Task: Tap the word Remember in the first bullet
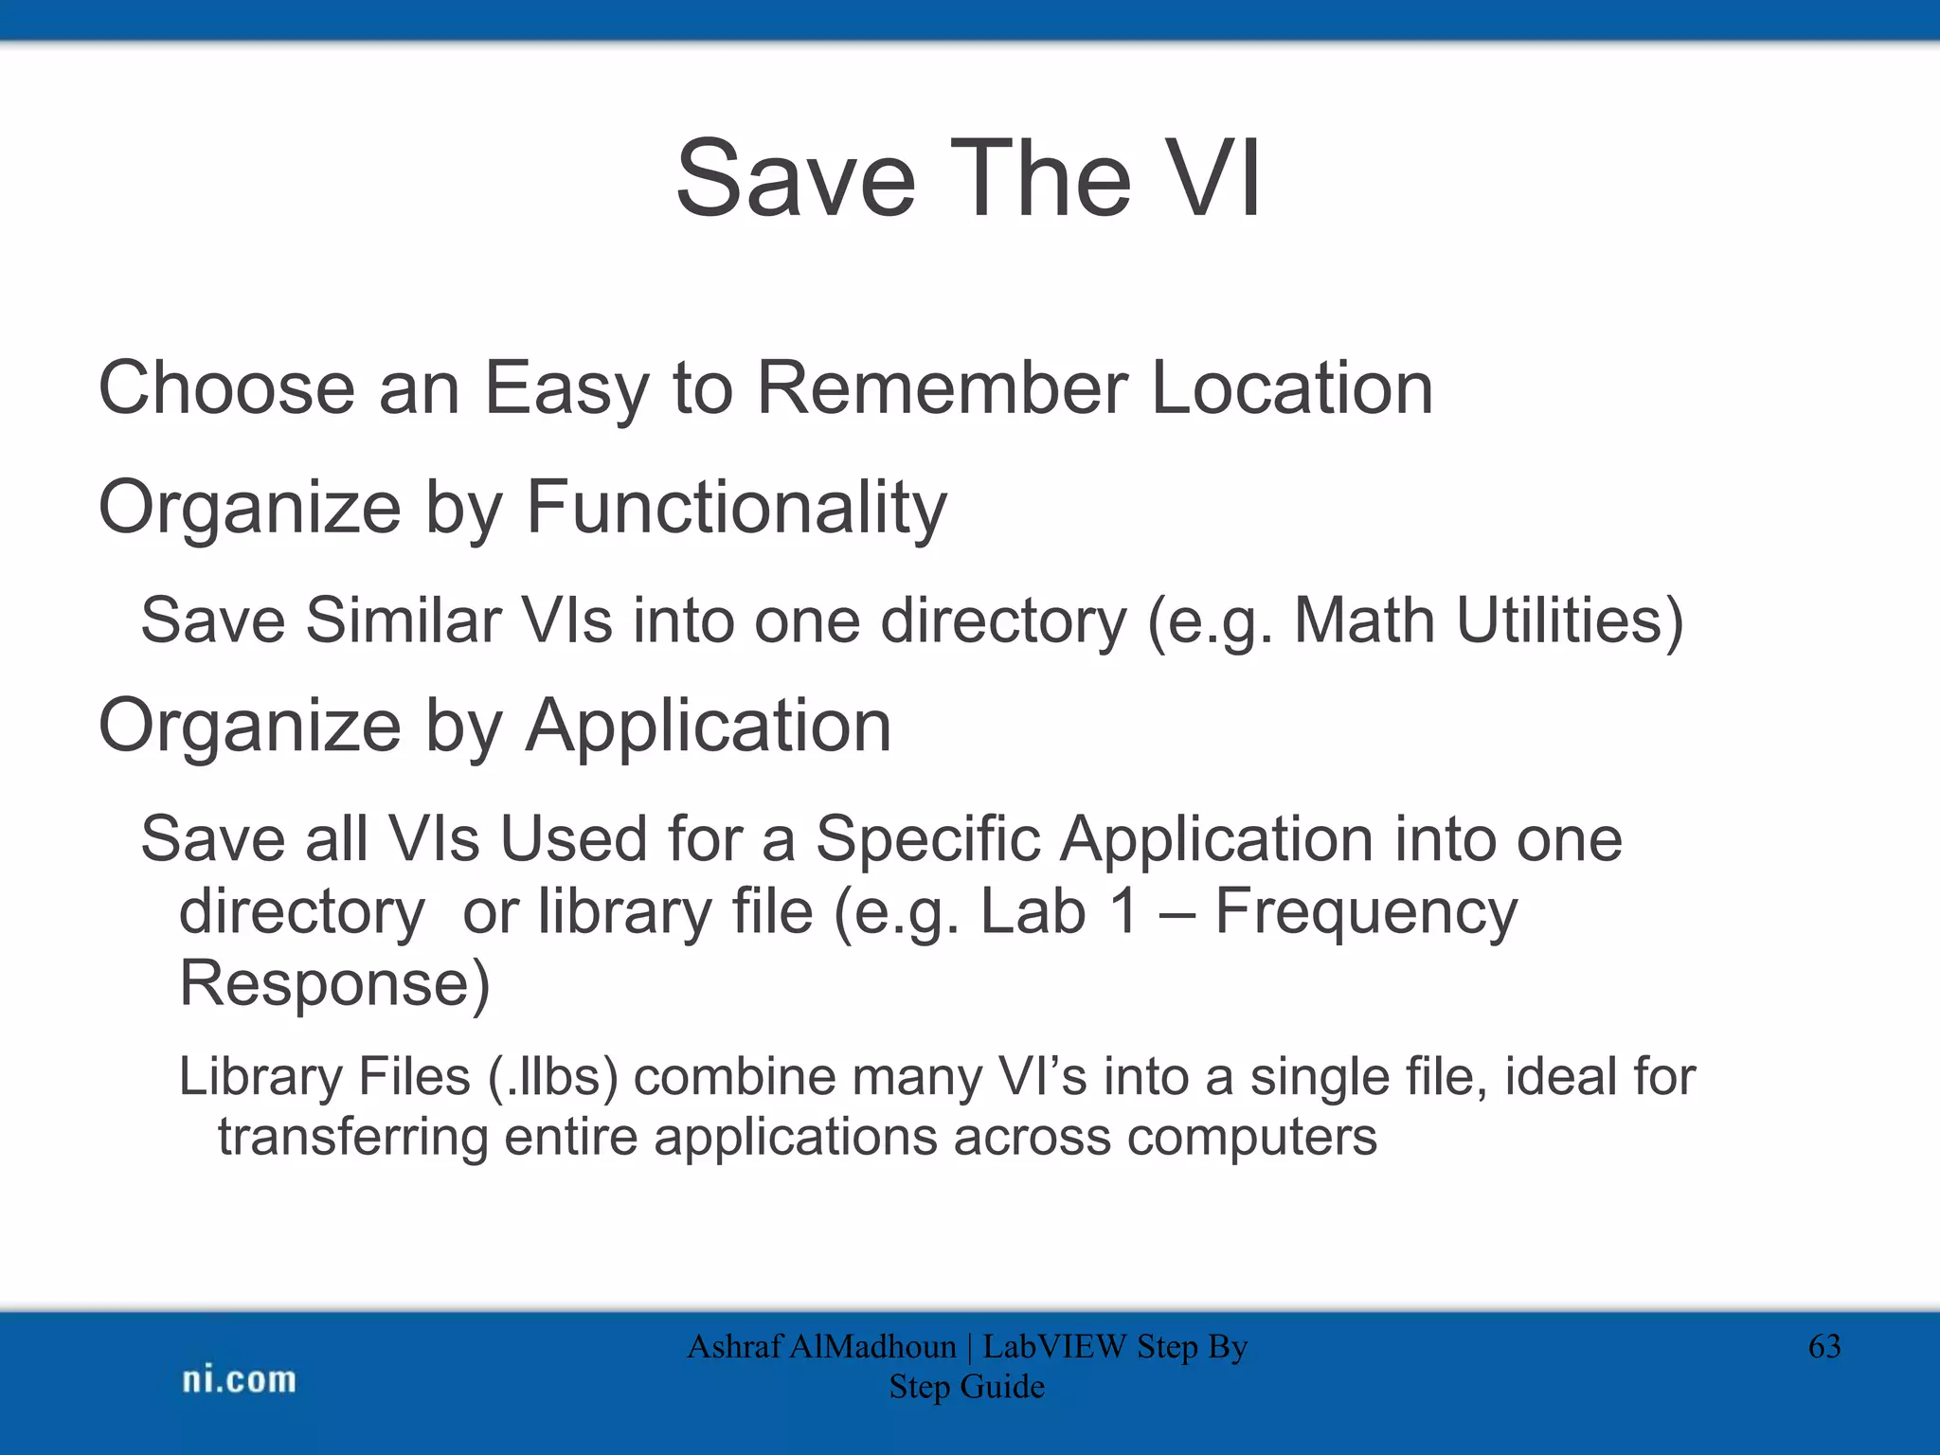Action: pyautogui.click(x=942, y=388)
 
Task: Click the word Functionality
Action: pyautogui.click(x=735, y=509)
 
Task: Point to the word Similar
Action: pyautogui.click(x=403, y=621)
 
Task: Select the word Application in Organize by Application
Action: pyautogui.click(x=709, y=727)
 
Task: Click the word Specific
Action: pyautogui.click(x=927, y=839)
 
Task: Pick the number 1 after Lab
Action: pyautogui.click(x=1123, y=911)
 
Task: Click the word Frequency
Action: pyautogui.click(x=1365, y=913)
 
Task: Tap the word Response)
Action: pyautogui.click(x=334, y=984)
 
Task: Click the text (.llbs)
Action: pyautogui.click(x=553, y=1077)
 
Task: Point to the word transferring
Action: pyautogui.click(x=352, y=1137)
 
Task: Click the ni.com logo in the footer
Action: pyautogui.click(x=239, y=1380)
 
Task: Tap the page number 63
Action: pyautogui.click(x=1823, y=1346)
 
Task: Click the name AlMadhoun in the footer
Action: pyautogui.click(x=871, y=1346)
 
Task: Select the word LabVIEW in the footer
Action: pyautogui.click(x=1054, y=1346)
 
